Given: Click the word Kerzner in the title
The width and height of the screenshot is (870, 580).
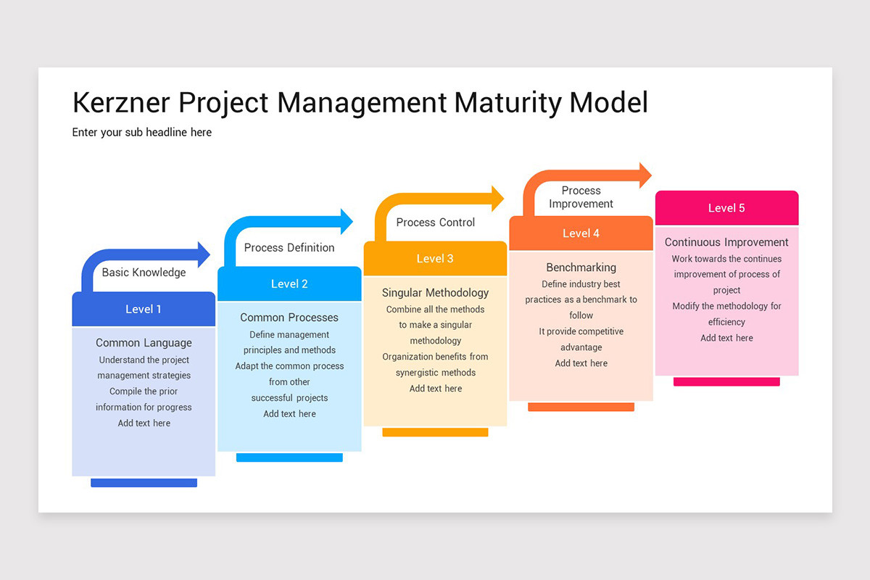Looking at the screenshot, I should click(x=122, y=103).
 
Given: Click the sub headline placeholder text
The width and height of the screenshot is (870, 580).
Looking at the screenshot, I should click(x=141, y=132).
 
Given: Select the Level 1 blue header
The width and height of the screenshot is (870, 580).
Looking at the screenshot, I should click(x=144, y=310).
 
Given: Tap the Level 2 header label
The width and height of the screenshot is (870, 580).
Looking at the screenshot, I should click(x=289, y=284).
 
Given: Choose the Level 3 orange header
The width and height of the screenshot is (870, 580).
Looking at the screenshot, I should click(x=435, y=259).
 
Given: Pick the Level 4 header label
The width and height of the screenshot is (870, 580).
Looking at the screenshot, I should click(x=581, y=233).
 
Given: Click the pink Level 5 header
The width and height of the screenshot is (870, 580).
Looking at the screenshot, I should click(x=726, y=208).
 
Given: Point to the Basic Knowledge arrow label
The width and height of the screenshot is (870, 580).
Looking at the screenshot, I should click(x=144, y=273).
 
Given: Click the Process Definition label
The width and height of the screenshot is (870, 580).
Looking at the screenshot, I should click(x=289, y=247).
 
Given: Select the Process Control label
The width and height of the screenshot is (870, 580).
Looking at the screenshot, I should click(x=435, y=222).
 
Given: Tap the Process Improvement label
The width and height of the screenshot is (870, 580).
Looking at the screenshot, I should click(x=581, y=197).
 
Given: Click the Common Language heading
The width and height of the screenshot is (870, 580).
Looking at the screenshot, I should click(x=144, y=343).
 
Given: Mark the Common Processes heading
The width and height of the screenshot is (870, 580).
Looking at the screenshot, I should click(x=289, y=318).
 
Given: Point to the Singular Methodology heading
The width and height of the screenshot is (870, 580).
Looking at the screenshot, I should click(x=435, y=293).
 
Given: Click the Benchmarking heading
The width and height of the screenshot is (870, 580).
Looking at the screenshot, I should click(x=581, y=268).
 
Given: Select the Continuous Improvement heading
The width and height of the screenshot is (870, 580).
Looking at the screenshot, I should click(x=726, y=242).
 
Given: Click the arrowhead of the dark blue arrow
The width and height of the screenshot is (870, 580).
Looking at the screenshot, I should click(x=203, y=254).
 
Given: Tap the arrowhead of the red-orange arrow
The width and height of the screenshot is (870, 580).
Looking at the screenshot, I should click(x=645, y=175).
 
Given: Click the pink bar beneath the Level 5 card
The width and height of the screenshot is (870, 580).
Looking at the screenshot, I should click(x=726, y=381).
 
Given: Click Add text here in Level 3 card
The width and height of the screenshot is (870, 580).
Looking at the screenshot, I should click(x=435, y=389).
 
